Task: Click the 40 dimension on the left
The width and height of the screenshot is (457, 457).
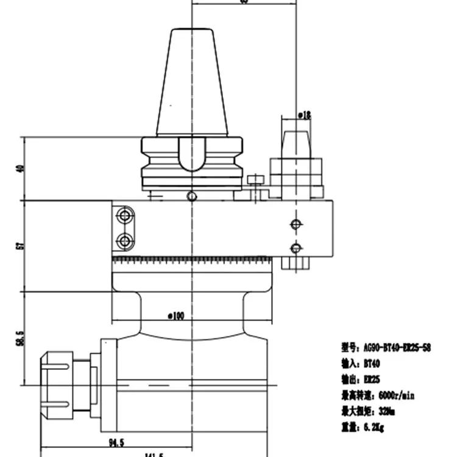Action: pyautogui.click(x=20, y=169)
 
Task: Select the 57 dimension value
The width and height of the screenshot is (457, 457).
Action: pyautogui.click(x=20, y=246)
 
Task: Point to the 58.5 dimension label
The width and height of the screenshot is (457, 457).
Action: pyautogui.click(x=20, y=338)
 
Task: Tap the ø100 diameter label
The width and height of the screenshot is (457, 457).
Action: pyautogui.click(x=175, y=316)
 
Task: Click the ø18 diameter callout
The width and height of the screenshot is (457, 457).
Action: pyautogui.click(x=305, y=114)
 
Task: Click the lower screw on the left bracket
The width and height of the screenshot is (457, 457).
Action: pyautogui.click(x=126, y=242)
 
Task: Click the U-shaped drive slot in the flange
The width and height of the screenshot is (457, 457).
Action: pyautogui.click(x=192, y=154)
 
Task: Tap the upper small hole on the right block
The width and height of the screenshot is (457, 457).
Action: pyautogui.click(x=296, y=224)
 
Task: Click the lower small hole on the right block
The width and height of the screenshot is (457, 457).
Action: pyautogui.click(x=296, y=248)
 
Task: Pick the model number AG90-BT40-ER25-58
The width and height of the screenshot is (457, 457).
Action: pyautogui.click(x=395, y=347)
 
